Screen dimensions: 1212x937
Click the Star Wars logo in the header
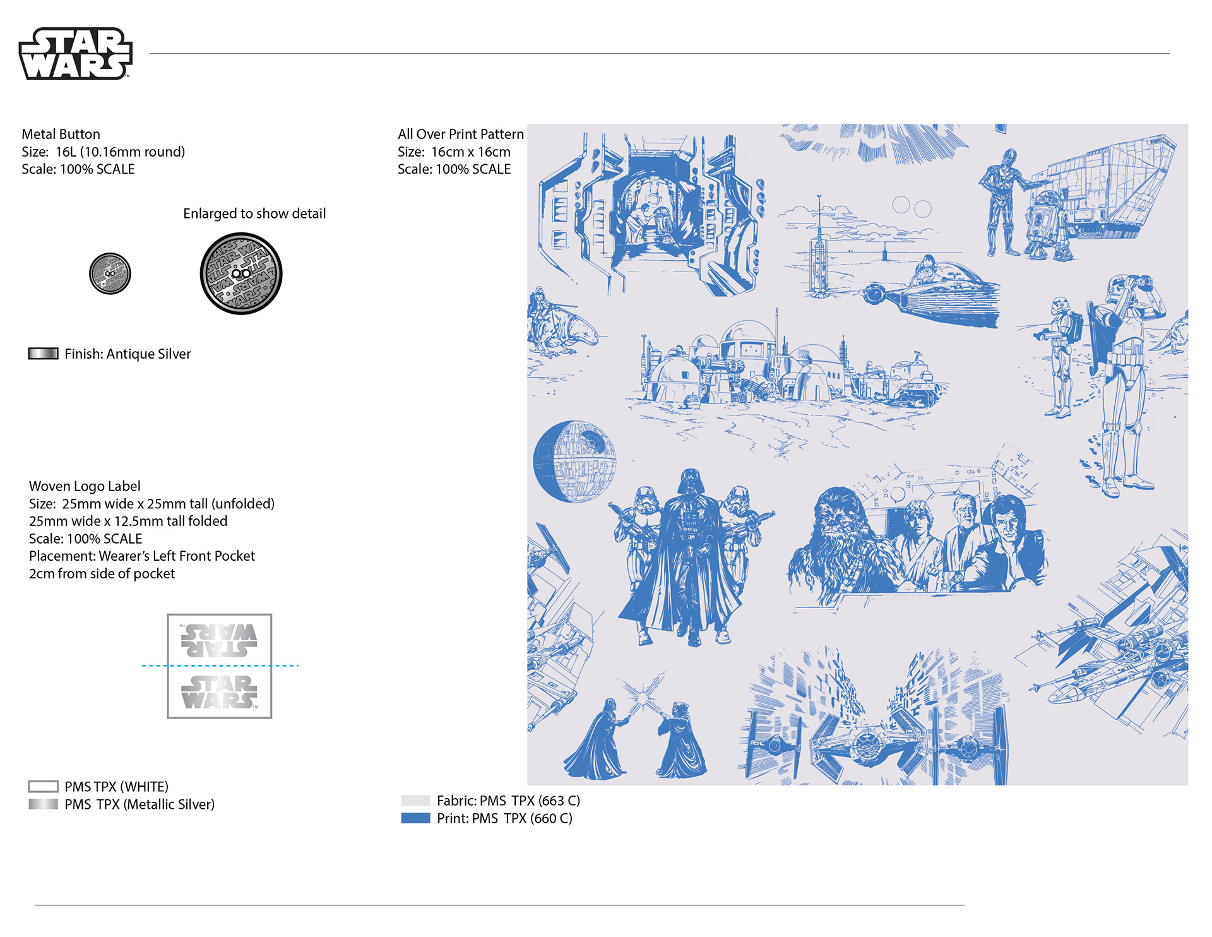[x=75, y=54]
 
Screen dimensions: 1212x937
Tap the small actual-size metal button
[x=110, y=273]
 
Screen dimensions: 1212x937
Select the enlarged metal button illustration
[x=241, y=273]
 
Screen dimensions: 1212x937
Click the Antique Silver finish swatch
[x=43, y=354]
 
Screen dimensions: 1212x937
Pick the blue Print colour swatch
[x=415, y=818]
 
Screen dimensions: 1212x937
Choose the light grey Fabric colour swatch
[x=415, y=801]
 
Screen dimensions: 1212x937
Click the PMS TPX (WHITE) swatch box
[x=43, y=787]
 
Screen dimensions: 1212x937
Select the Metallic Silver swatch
[x=43, y=804]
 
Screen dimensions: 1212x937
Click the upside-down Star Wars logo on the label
[x=218, y=640]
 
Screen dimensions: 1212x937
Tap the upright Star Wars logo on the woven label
[x=220, y=692]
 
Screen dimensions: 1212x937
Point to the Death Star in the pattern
[x=574, y=462]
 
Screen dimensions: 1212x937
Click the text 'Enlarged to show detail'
[x=254, y=213]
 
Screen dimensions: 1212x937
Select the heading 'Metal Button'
[x=61, y=134]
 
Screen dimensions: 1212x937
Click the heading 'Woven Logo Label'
[x=85, y=486]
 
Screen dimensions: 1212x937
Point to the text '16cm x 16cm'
[x=471, y=152]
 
